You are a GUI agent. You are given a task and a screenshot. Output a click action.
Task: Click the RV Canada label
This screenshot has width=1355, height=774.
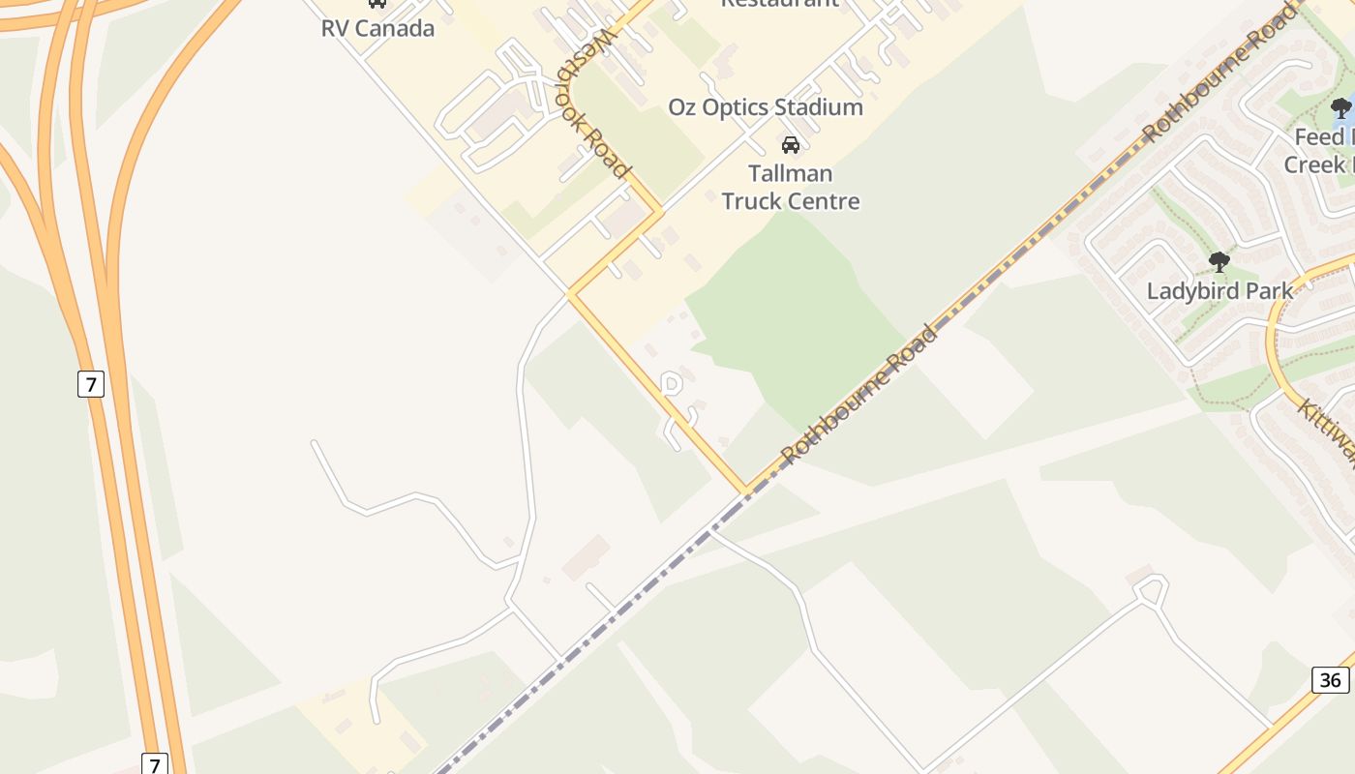click(x=377, y=28)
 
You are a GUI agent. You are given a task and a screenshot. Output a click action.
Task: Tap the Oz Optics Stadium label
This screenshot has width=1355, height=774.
click(x=766, y=107)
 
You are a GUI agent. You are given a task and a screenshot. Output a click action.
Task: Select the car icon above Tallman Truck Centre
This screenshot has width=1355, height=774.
click(x=791, y=145)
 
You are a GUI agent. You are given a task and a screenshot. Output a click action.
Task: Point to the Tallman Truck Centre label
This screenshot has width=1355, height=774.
click(x=791, y=188)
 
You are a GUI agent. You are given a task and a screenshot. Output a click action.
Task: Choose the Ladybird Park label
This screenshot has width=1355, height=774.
click(x=1219, y=290)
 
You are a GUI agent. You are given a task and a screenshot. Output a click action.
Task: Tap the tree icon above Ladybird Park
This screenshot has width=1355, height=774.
click(x=1219, y=261)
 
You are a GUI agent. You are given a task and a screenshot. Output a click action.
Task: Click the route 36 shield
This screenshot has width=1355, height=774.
click(x=1331, y=680)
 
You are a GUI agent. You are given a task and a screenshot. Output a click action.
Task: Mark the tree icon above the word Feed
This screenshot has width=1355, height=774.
click(x=1341, y=108)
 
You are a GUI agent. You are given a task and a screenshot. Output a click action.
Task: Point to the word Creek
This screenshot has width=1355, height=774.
click(x=1315, y=164)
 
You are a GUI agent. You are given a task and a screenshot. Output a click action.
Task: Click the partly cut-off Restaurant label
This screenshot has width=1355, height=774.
click(x=780, y=4)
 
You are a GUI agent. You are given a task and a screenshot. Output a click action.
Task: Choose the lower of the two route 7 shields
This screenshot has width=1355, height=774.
click(x=154, y=764)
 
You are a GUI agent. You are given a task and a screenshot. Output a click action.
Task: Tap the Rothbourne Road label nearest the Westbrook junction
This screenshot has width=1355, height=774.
click(x=859, y=395)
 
